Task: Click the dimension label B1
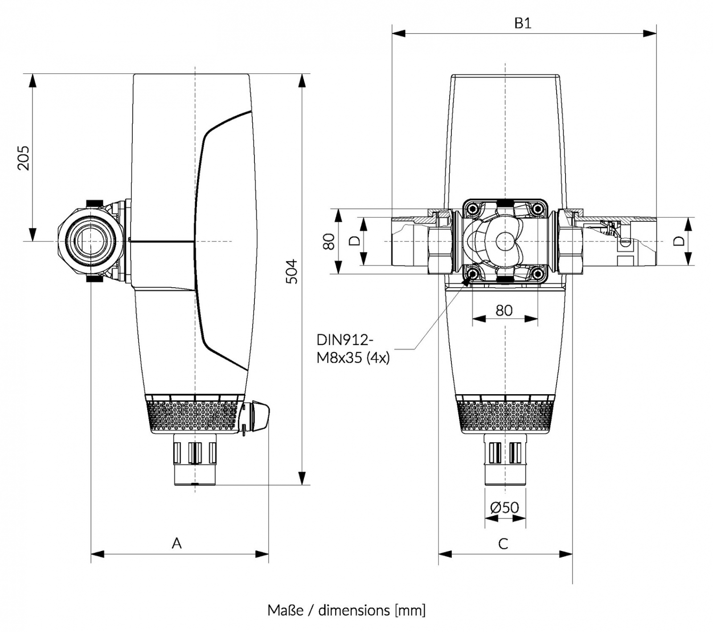pyautogui.click(x=523, y=23)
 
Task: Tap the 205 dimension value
pyautogui.click(x=23, y=158)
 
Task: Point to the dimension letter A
pyautogui.click(x=177, y=543)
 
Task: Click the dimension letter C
pyautogui.click(x=503, y=543)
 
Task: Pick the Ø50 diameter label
pyautogui.click(x=504, y=507)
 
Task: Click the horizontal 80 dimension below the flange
pyautogui.click(x=504, y=310)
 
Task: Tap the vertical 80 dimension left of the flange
pyautogui.click(x=329, y=241)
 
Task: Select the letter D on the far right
pyautogui.click(x=678, y=241)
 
